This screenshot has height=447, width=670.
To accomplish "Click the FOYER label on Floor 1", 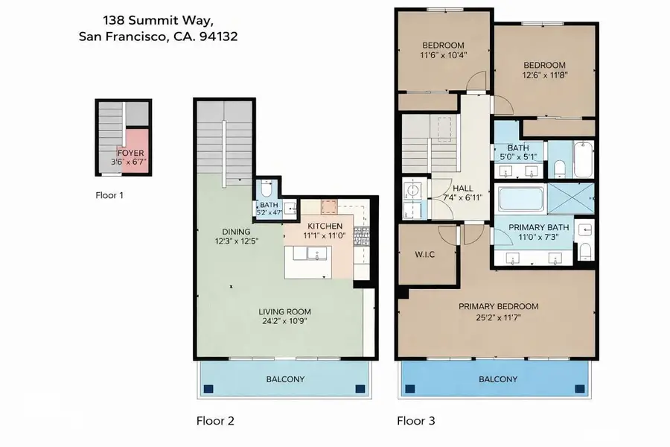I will coord(130,153).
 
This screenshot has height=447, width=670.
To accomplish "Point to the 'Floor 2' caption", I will coord(215,421).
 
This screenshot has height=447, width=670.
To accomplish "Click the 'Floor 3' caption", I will coord(415,421).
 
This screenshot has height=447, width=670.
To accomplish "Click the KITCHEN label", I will coord(324,226).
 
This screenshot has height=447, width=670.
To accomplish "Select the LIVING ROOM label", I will coord(284,311).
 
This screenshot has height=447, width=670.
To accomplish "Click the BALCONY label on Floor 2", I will coord(285,379).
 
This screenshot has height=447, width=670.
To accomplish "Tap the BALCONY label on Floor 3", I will coord(497,379).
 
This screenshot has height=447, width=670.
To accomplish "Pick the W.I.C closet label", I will coord(424,255).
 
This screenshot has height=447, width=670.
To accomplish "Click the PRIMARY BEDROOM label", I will coord(498,306).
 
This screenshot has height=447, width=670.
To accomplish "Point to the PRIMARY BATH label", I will coord(539,227).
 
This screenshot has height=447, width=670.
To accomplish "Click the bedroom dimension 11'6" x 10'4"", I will coord(443,54).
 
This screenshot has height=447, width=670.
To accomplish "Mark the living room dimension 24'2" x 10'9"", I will coord(284,322).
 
